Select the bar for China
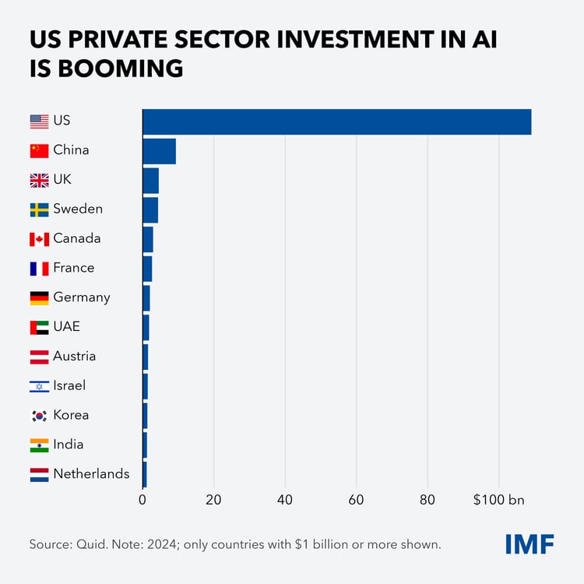click(160, 151)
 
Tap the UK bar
click(151, 180)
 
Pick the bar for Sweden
click(150, 209)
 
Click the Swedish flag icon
click(39, 209)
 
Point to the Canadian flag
click(39, 239)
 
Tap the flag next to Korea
click(39, 416)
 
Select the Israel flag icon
click(39, 386)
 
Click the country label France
click(73, 268)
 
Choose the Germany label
click(81, 297)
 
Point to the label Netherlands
click(91, 473)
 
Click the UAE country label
click(66, 327)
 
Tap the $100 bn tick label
click(499, 500)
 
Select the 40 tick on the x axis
click(284, 500)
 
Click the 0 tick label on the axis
click(143, 500)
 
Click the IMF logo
click(529, 544)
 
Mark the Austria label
click(74, 357)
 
